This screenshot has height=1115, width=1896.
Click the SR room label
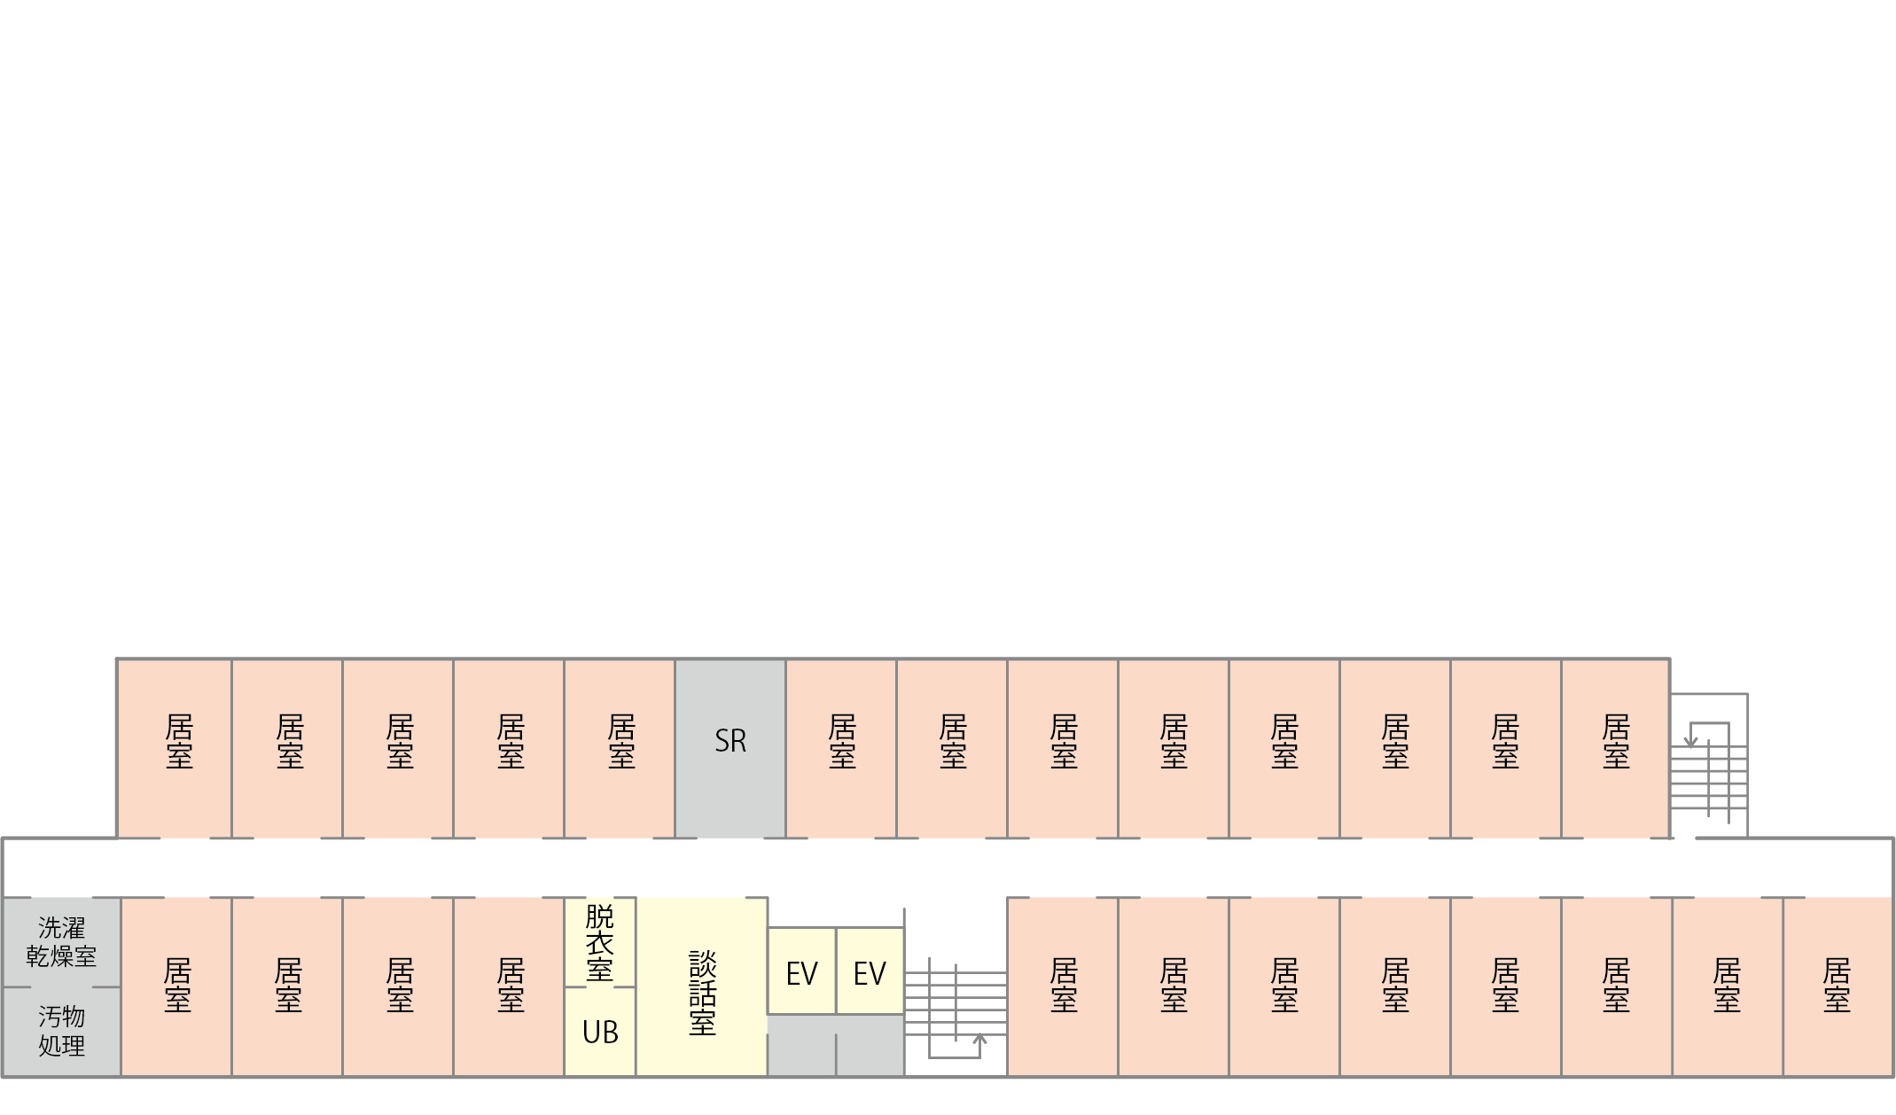pos(730,741)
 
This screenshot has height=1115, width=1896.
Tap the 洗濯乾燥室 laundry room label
pos(61,942)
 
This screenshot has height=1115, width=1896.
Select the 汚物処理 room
pos(61,1032)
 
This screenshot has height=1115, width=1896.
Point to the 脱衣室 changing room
pos(600,942)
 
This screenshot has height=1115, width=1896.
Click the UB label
pos(600,1033)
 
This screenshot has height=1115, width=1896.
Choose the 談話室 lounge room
pos(701,987)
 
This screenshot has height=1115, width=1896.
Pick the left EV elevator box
pos(801,971)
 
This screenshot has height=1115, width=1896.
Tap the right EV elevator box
pos(870,971)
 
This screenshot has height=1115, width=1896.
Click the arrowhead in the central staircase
pos(979,1038)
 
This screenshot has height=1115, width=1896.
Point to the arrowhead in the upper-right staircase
pos(1690,742)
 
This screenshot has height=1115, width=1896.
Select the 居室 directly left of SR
pos(620,748)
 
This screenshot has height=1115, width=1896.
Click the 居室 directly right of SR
pos(841,748)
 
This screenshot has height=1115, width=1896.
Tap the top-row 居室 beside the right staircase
pos(1616,748)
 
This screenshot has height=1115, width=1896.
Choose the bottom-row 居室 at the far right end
pos(1838,987)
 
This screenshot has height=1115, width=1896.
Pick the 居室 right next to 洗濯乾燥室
pos(176,987)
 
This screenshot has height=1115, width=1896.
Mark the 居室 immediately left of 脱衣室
pos(509,987)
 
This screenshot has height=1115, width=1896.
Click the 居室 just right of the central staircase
pos(1063,987)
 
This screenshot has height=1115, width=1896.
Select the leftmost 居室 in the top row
pos(175,748)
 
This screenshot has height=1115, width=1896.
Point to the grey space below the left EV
pos(801,1046)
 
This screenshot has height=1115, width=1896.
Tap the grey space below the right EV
pos(870,1046)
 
